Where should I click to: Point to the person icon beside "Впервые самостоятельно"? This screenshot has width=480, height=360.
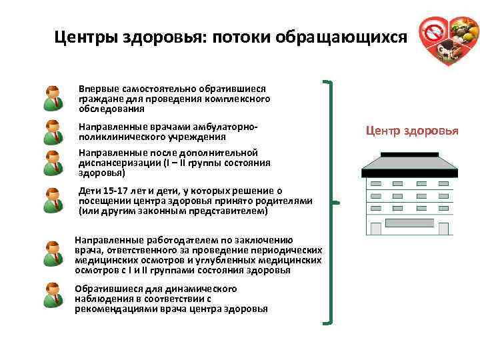[52, 98]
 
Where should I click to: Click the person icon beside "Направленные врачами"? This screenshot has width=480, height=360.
[52, 132]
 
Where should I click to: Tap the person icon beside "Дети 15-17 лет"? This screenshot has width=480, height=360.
[52, 200]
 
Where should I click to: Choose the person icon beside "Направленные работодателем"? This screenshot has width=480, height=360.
[52, 255]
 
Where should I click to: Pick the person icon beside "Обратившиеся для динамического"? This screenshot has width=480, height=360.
[52, 295]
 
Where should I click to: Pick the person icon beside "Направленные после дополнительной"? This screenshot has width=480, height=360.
[52, 162]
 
